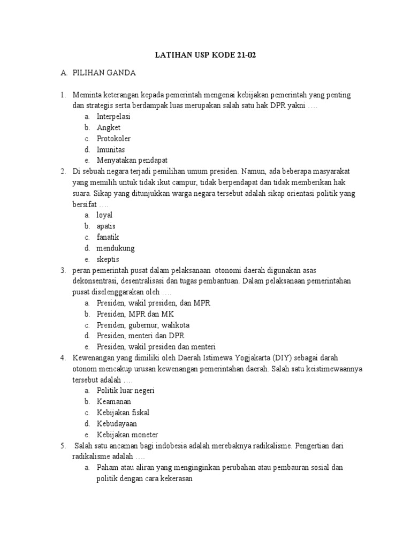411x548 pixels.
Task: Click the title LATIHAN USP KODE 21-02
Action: [x=205, y=56]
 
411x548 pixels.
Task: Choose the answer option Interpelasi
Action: [x=113, y=116]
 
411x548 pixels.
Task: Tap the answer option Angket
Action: [x=109, y=127]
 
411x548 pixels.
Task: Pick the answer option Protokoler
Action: [x=113, y=139]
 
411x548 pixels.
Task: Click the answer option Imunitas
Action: [x=111, y=149]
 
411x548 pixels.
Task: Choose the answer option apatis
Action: [x=105, y=226]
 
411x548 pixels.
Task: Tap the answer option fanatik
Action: [x=108, y=237]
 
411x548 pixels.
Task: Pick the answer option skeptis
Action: [x=108, y=259]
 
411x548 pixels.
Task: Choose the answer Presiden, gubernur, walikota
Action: [x=143, y=325]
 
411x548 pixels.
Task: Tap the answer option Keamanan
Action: [x=113, y=401]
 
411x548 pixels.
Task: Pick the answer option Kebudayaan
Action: [x=117, y=423]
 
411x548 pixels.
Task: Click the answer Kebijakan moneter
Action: [x=127, y=434]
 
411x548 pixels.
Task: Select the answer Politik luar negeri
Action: [x=125, y=390]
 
